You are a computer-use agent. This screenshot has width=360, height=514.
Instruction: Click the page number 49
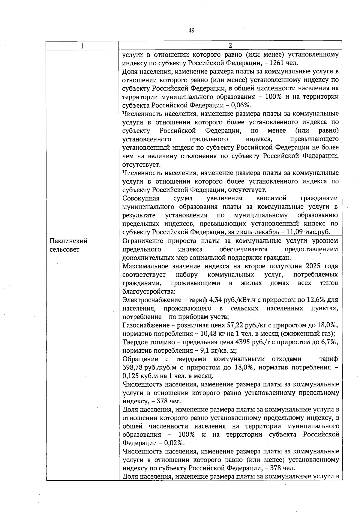(x=192, y=30)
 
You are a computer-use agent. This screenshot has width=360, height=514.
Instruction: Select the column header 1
(x=82, y=46)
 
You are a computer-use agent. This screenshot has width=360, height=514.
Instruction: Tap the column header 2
(x=230, y=46)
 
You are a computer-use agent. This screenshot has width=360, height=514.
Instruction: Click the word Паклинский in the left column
(x=68, y=241)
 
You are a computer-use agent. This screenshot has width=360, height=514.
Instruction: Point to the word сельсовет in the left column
(x=64, y=250)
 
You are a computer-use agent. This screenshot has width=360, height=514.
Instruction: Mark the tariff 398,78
(x=132, y=368)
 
